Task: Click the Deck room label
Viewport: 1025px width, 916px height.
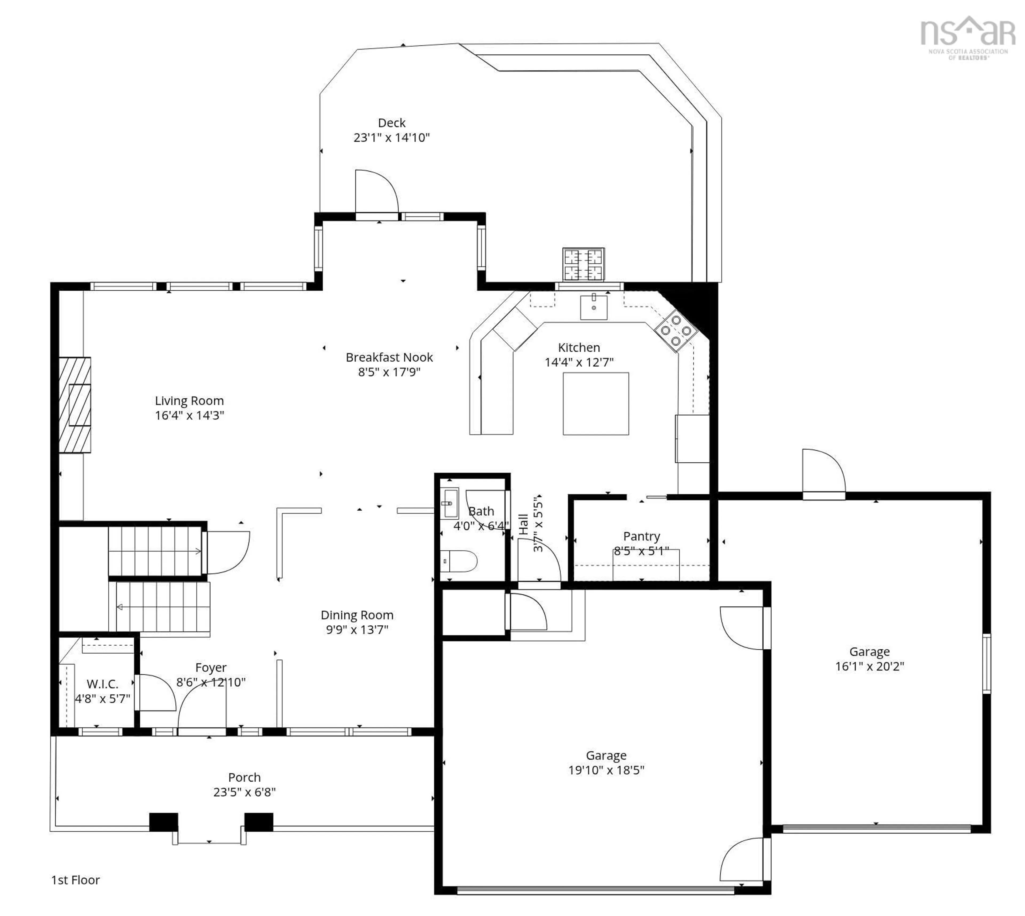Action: [391, 123]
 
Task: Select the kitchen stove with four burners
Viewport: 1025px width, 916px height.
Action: [675, 330]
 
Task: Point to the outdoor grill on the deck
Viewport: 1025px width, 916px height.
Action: [583, 264]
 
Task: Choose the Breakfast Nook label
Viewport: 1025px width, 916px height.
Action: [389, 357]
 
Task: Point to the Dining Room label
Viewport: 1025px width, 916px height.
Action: [357, 615]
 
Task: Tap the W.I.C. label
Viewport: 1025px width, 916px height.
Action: [102, 684]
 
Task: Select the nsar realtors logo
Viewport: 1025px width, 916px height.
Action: [967, 38]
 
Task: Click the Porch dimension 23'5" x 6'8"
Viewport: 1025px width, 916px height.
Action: [244, 792]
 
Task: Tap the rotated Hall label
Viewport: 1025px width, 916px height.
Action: [523, 525]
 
